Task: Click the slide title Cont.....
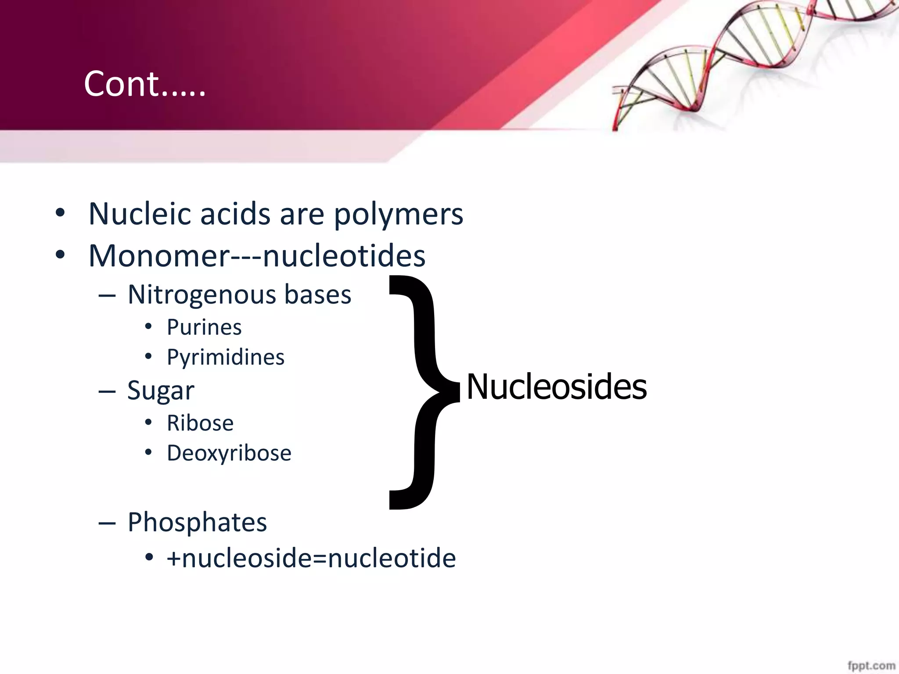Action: click(x=144, y=84)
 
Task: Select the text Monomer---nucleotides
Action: click(x=257, y=256)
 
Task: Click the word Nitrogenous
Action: click(x=202, y=295)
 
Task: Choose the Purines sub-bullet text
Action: click(x=204, y=327)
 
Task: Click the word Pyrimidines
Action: click(x=226, y=358)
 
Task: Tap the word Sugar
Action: click(x=161, y=391)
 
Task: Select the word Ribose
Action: click(x=200, y=423)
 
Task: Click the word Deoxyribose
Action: click(x=229, y=453)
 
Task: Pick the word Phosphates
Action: click(x=197, y=522)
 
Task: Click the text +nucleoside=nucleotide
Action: click(x=311, y=559)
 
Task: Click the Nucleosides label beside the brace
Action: click(x=556, y=387)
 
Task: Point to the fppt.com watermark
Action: click(x=871, y=666)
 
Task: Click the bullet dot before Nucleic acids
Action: click(x=60, y=214)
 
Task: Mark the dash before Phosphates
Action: click(x=107, y=523)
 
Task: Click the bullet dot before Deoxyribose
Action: click(x=148, y=452)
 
